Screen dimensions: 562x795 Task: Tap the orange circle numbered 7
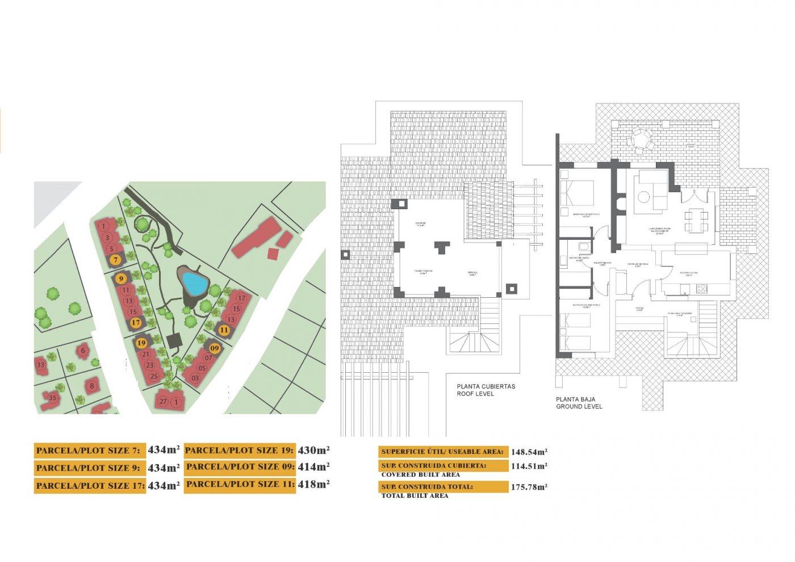pyautogui.click(x=116, y=260)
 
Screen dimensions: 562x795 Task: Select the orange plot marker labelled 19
pyautogui.click(x=141, y=343)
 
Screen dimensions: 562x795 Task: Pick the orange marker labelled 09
pyautogui.click(x=215, y=348)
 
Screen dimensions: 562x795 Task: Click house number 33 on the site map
pyautogui.click(x=40, y=365)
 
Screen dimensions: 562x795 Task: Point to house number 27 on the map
pyautogui.click(x=164, y=402)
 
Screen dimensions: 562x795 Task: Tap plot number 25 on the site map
pyautogui.click(x=154, y=376)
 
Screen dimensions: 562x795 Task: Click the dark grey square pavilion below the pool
pyautogui.click(x=174, y=341)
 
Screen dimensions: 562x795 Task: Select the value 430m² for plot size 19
pyautogui.click(x=313, y=450)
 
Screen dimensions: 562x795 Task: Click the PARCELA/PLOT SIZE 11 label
pyautogui.click(x=240, y=485)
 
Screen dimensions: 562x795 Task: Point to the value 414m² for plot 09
pyautogui.click(x=313, y=467)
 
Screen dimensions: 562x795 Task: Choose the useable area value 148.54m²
pyautogui.click(x=529, y=452)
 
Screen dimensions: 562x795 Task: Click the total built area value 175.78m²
pyautogui.click(x=529, y=487)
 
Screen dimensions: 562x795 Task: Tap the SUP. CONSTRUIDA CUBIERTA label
pyautogui.click(x=434, y=466)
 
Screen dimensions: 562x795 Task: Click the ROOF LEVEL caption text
pyautogui.click(x=475, y=394)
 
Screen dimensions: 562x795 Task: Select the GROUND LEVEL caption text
pyautogui.click(x=579, y=406)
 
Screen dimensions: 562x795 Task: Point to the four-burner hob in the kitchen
pyautogui.click(x=701, y=289)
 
